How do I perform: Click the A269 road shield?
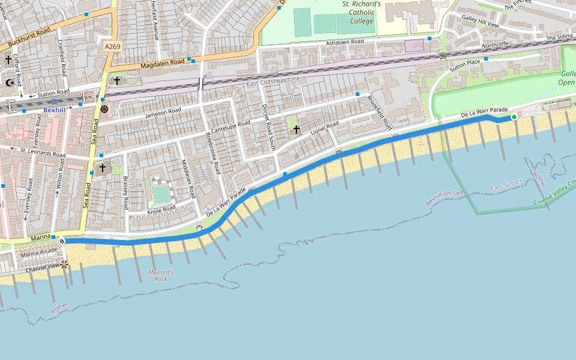point(112,46)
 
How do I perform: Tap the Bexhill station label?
point(55,110)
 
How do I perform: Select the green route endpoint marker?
point(514,117)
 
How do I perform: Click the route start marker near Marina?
point(62,241)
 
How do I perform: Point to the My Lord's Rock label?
point(161,275)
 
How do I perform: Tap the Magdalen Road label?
point(163,63)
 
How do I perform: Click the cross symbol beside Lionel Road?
point(296,128)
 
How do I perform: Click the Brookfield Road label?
point(380,113)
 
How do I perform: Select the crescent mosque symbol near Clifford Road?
point(9,83)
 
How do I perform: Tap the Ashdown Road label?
point(345,43)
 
